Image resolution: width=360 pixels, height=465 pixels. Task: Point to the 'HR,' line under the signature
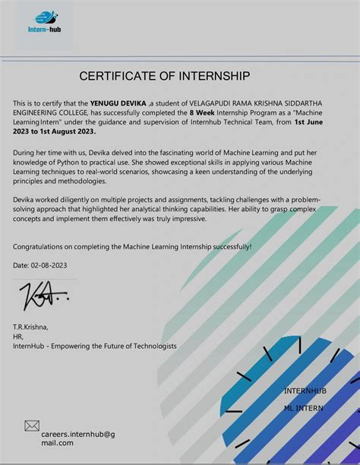19,336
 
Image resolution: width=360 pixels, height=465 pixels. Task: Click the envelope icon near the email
32,425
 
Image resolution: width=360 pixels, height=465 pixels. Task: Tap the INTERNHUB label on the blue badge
305,391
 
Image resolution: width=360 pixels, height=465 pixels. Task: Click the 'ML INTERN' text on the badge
303,408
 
